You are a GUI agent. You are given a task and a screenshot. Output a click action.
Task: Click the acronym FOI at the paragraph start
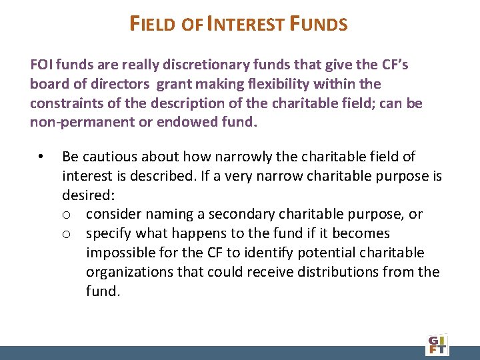coord(41,65)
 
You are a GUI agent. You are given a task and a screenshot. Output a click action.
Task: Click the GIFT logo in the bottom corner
coord(437,344)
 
